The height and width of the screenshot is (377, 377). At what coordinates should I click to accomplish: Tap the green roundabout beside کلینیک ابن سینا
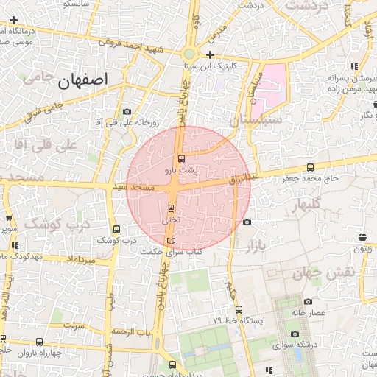190,54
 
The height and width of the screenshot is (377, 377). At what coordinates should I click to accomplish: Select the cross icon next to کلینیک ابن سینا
211,55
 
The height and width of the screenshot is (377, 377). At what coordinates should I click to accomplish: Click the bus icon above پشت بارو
182,158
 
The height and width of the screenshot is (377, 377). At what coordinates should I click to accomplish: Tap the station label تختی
170,220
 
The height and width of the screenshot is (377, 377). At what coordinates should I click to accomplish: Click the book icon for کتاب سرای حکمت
171,241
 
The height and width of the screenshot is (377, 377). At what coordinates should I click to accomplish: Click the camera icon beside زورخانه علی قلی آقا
127,111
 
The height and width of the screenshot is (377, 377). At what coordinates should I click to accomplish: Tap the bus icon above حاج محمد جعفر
310,168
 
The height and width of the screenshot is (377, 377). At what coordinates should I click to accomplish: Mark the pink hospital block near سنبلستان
273,83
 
